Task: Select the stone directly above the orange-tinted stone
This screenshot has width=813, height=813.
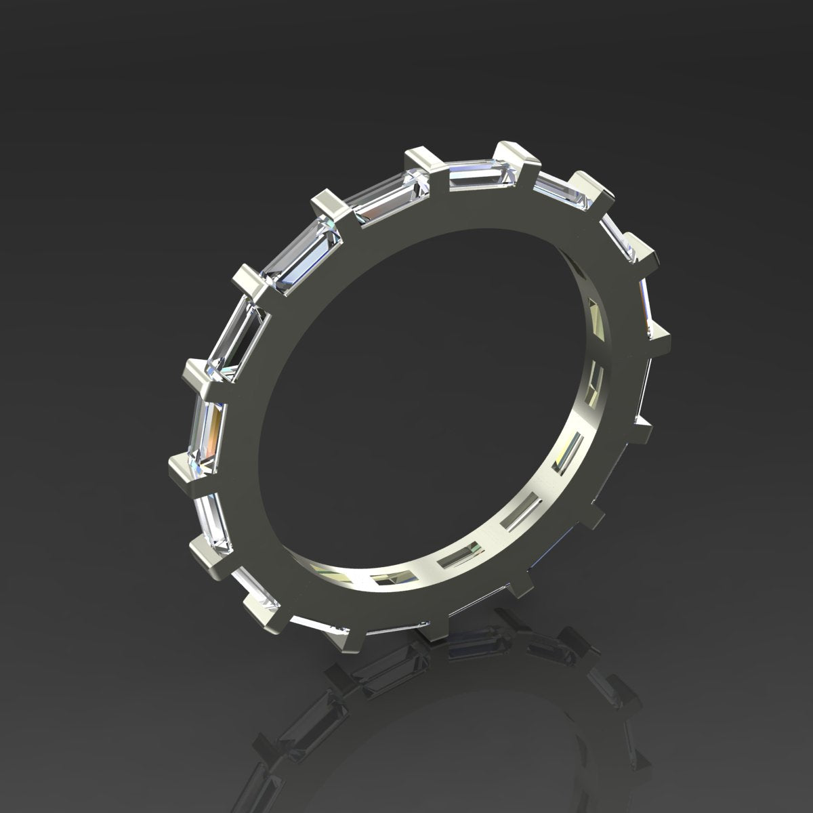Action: pyautogui.click(x=234, y=337)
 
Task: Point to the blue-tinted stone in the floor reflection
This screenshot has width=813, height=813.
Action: pyautogui.click(x=474, y=640)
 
